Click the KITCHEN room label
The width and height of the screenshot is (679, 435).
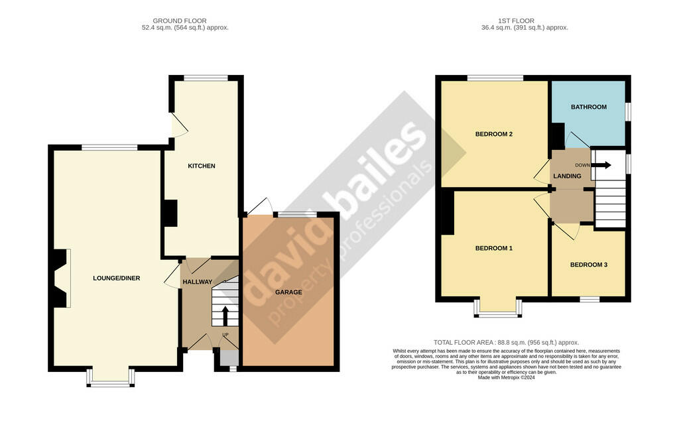coord(201,166)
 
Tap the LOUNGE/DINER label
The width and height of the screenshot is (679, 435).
coord(116,278)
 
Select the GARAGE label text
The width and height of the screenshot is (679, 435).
coord(288,292)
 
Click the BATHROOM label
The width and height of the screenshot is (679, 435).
coord(588,107)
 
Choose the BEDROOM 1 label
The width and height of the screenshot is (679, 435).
coord(493,249)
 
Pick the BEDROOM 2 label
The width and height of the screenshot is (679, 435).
coord(493,134)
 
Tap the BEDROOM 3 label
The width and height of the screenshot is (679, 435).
coord(588,265)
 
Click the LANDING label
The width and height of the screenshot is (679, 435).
coord(567,176)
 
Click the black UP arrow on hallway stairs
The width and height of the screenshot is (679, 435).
coord(225,316)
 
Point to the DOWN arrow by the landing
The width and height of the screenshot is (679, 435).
coord(602,165)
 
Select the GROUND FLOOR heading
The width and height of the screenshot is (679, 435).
coord(185,21)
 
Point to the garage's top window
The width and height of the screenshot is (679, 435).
coord(296,214)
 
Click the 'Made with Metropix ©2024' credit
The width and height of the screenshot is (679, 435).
coord(507,378)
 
